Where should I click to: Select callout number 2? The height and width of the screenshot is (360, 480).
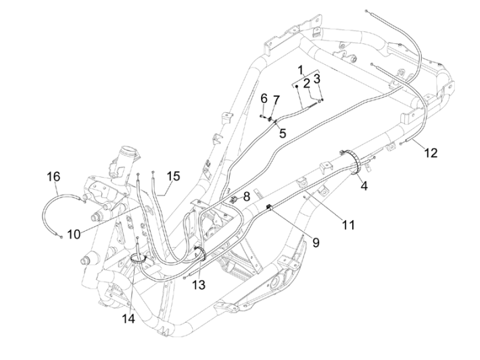click(x=306, y=84)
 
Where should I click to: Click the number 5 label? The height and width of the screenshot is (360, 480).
click(x=283, y=133)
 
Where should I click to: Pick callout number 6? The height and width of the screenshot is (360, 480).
click(x=264, y=99)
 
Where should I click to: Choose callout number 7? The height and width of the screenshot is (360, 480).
click(x=276, y=100)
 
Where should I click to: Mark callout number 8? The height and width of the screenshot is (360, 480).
click(x=247, y=196)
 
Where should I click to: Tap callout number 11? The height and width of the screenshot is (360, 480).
click(x=347, y=224)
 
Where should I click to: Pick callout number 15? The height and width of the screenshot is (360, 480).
click(x=173, y=176)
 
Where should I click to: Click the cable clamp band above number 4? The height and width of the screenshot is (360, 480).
click(x=352, y=162)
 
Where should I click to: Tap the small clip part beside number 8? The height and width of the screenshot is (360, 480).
click(x=233, y=199)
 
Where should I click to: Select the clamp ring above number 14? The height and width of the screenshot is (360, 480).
click(x=139, y=259)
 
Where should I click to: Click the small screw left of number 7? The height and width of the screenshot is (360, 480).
click(x=262, y=116)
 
